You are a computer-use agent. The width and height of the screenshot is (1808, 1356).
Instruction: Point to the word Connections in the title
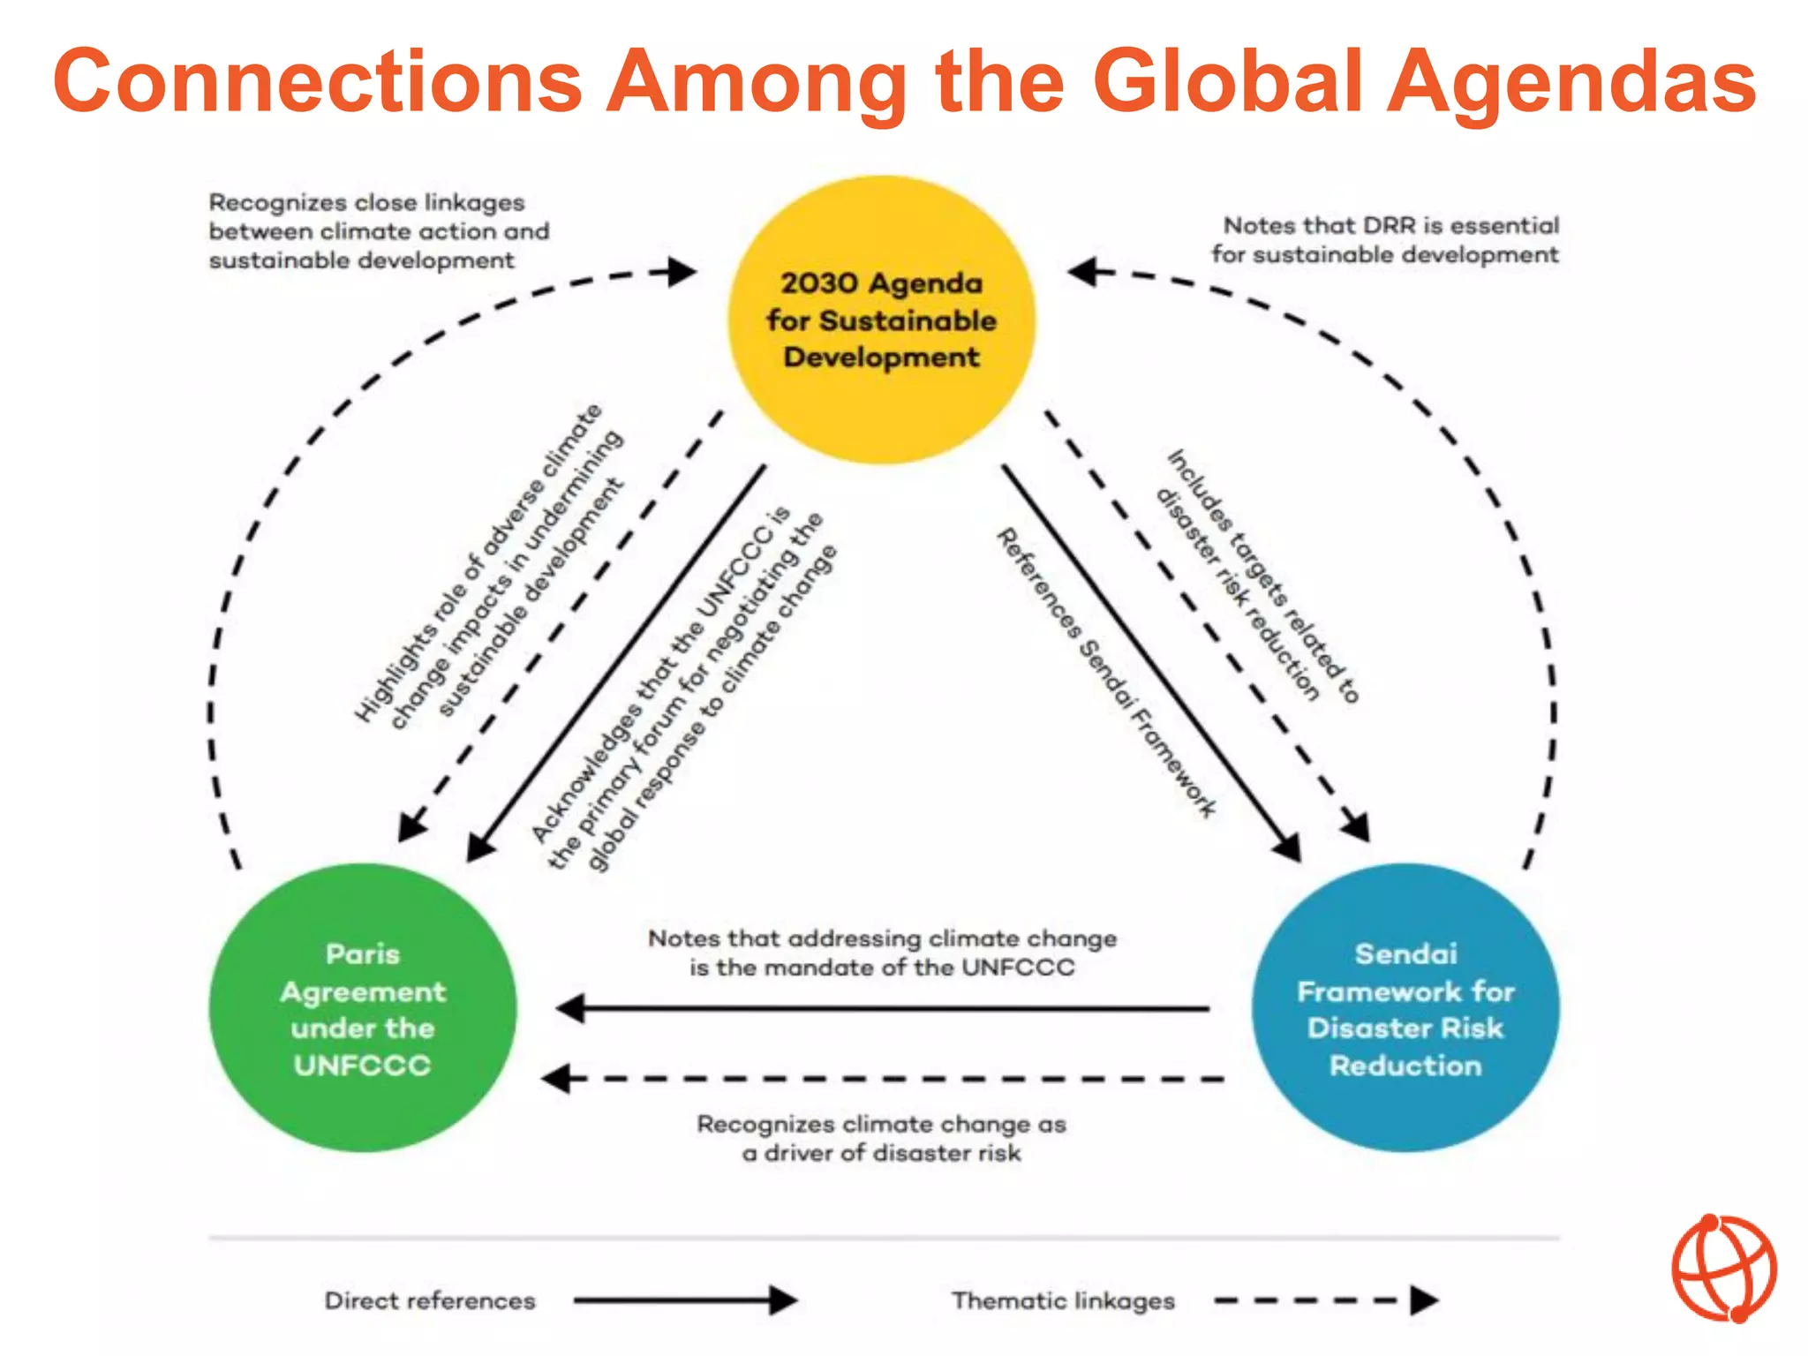(x=318, y=81)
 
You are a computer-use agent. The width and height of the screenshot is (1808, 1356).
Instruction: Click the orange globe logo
(x=1723, y=1269)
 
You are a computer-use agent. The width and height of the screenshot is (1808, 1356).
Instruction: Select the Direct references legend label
(x=430, y=1300)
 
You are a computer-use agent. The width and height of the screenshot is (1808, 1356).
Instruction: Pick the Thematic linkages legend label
(x=1063, y=1300)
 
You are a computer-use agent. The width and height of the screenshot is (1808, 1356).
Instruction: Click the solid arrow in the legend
(x=685, y=1300)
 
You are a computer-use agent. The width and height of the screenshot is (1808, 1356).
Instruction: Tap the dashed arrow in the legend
(x=1324, y=1300)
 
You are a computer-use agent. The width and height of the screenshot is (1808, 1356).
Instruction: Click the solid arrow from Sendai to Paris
(x=883, y=1008)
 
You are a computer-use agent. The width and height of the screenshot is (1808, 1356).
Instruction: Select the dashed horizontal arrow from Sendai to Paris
(x=883, y=1079)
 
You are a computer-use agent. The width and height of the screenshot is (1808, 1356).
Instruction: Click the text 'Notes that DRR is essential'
(x=1391, y=226)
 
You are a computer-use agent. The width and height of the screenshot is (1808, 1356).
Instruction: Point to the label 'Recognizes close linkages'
(x=366, y=203)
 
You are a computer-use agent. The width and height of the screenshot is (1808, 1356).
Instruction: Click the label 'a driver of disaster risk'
(x=881, y=1153)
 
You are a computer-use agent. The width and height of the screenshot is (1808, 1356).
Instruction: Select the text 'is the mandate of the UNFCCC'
(x=881, y=968)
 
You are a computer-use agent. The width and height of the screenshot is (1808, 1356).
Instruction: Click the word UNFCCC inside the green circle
(x=363, y=1066)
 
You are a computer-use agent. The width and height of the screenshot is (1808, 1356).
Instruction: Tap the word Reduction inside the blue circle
(x=1405, y=1066)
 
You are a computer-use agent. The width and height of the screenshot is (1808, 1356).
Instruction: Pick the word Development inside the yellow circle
(x=881, y=358)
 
